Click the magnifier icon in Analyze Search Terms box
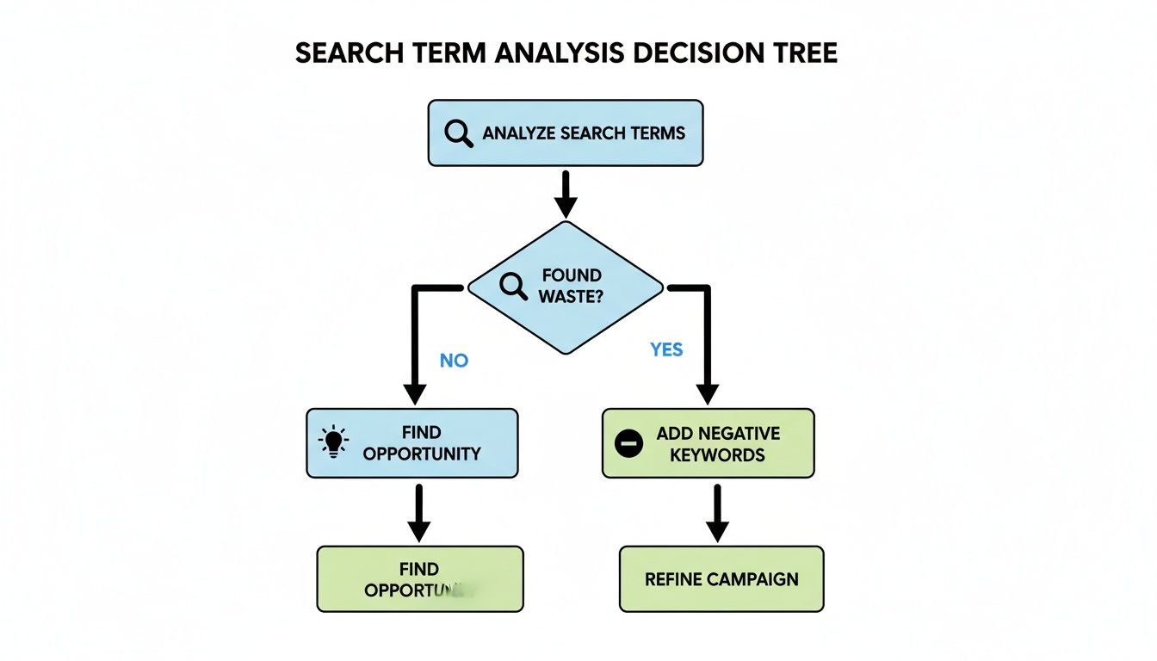(x=458, y=133)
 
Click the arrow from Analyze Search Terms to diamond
(x=566, y=193)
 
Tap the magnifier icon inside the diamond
(x=513, y=286)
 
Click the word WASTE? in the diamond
(x=572, y=296)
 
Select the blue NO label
(x=454, y=361)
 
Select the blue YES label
(x=666, y=349)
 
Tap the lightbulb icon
(x=332, y=442)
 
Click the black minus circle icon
(x=629, y=443)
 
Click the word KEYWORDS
(x=717, y=454)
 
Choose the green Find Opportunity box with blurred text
(x=420, y=579)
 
